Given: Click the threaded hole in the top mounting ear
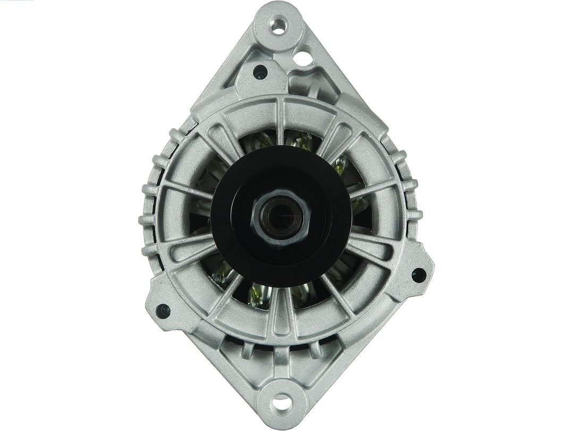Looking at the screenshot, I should pos(278,26).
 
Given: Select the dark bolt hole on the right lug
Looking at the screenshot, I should pos(418,275).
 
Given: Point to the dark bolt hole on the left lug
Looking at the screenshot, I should pos(162,310).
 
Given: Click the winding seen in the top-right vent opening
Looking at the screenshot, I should pos(340,165).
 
